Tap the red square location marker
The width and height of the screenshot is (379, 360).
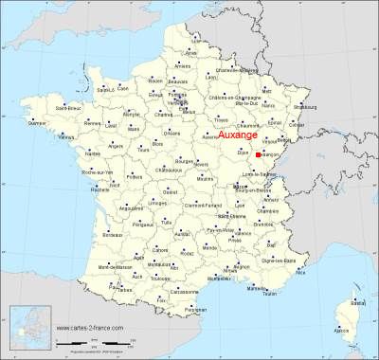(x=259, y=153)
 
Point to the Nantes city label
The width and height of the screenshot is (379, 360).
(x=92, y=153)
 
